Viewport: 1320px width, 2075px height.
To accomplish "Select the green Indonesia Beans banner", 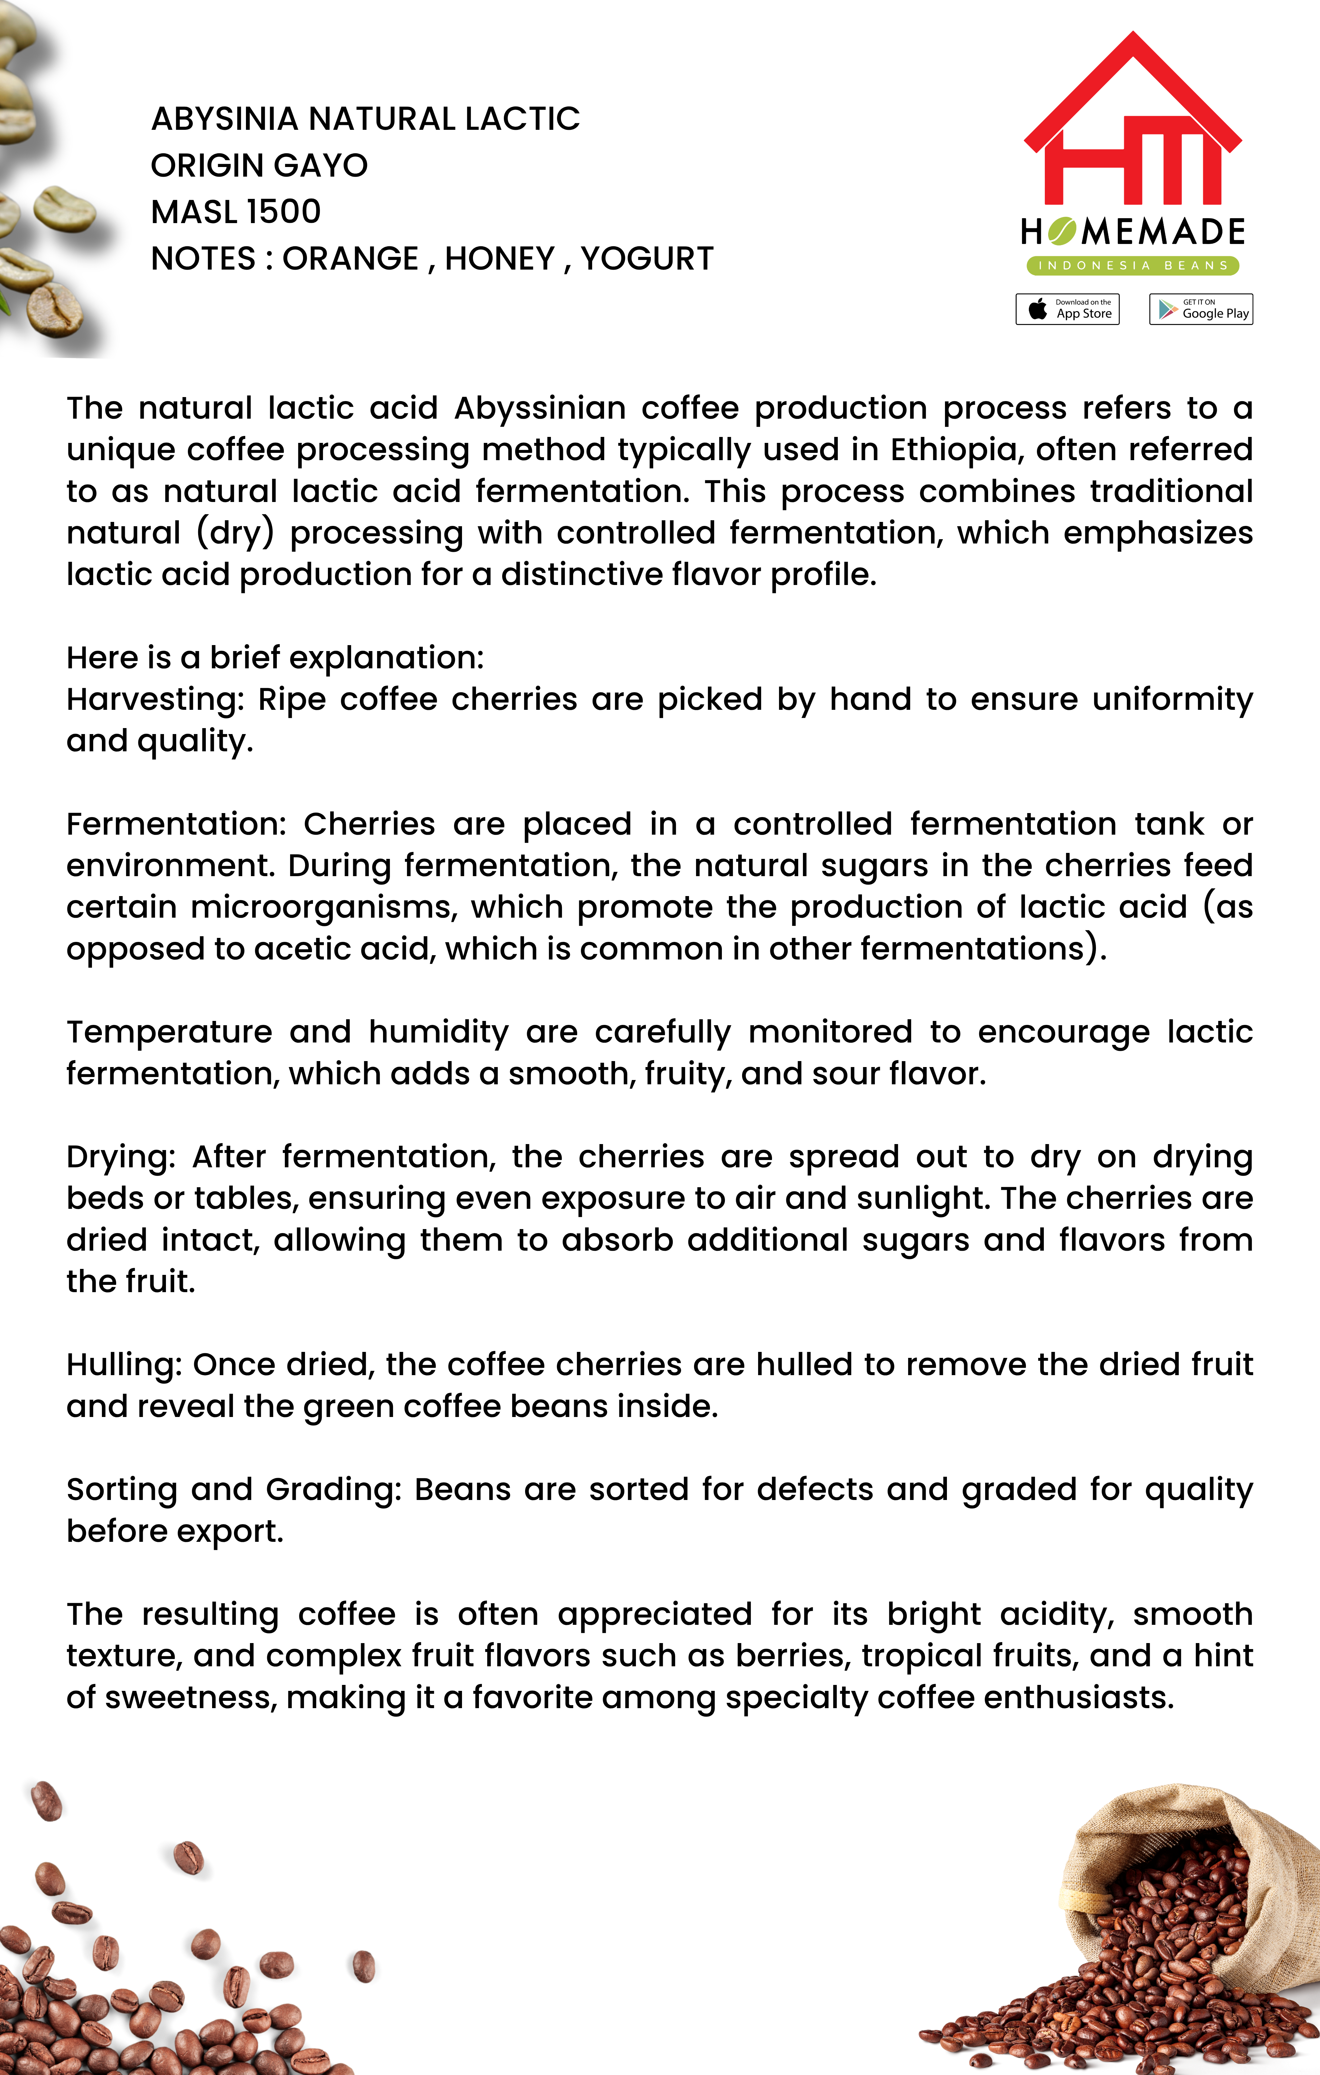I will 1132,265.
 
